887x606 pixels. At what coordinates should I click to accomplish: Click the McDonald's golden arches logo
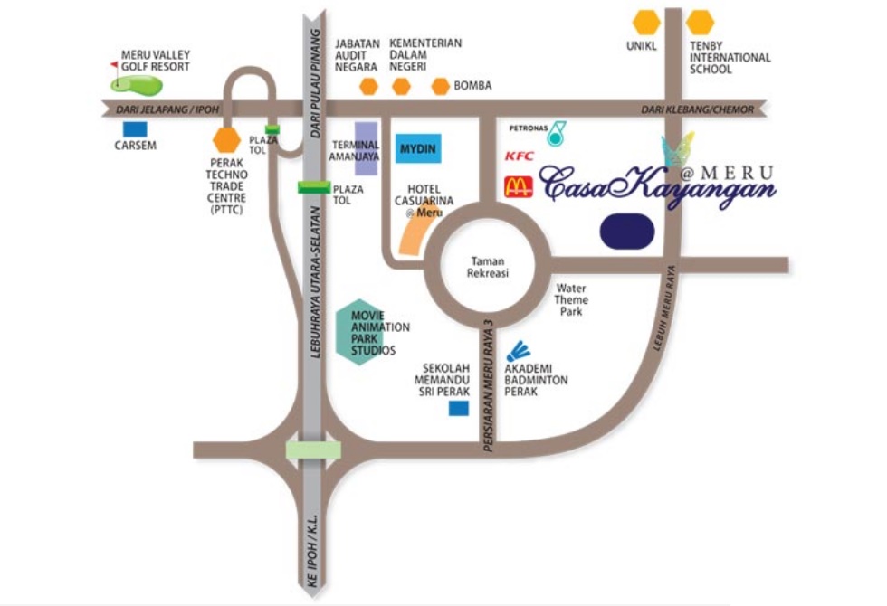(519, 187)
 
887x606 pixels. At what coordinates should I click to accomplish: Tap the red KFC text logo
(520, 156)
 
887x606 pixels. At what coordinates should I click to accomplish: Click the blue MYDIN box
(418, 147)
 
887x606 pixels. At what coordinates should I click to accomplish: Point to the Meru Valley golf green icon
(137, 83)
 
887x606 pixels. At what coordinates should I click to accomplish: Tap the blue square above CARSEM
(135, 129)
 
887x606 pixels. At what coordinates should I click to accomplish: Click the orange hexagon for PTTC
(225, 141)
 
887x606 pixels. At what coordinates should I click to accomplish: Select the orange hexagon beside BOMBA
(440, 87)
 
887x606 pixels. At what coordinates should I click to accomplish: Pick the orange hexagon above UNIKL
(646, 22)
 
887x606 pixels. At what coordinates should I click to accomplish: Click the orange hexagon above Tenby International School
(701, 22)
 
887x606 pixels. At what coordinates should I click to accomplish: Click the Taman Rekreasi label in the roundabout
(487, 268)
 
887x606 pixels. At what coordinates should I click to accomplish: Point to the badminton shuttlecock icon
(518, 351)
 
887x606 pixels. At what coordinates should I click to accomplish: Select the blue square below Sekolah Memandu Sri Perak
(460, 409)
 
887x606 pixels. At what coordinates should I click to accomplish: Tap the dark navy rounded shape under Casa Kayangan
(627, 231)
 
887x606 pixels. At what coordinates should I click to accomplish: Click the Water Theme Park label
(572, 300)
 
